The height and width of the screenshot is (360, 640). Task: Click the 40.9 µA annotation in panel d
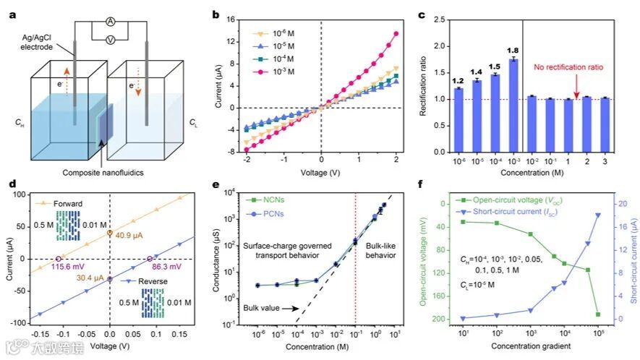(133, 233)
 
